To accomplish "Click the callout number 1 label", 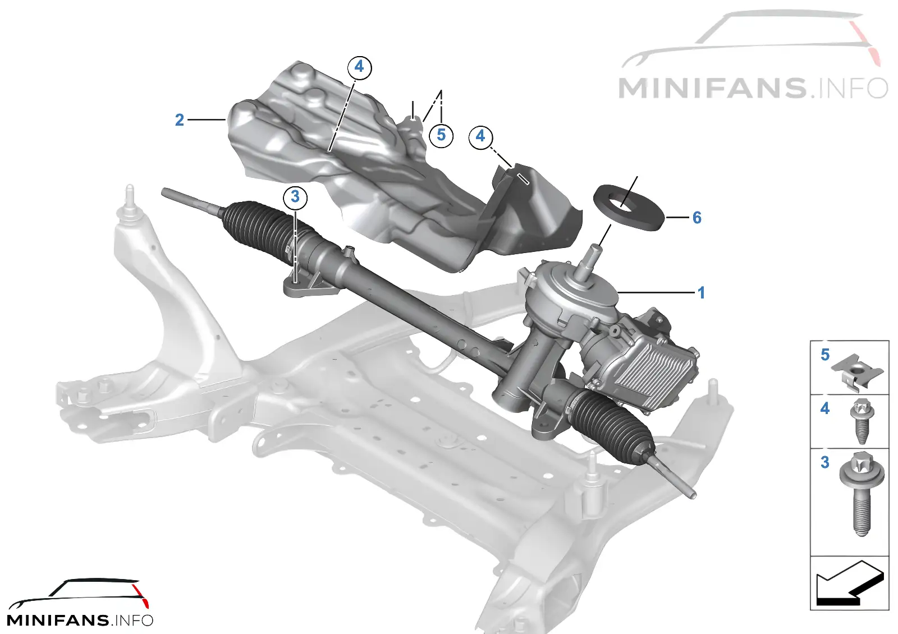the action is (x=701, y=293).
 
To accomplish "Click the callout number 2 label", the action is (x=179, y=120).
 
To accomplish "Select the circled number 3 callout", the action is (x=295, y=197).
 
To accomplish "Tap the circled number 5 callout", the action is (x=441, y=135).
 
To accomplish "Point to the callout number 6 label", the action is (x=697, y=218).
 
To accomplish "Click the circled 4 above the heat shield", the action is (x=359, y=67).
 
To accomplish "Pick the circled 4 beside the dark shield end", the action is (x=480, y=137).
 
